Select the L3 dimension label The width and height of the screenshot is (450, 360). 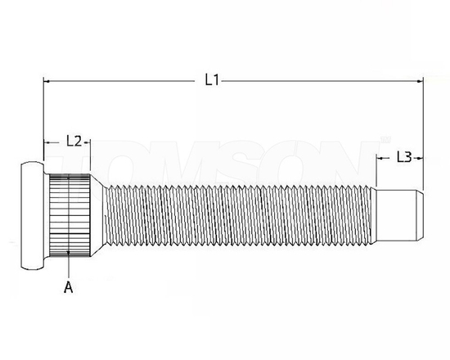(x=403, y=156)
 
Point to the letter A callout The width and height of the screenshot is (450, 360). (x=69, y=286)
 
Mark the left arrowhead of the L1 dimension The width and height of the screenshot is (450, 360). (x=47, y=80)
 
